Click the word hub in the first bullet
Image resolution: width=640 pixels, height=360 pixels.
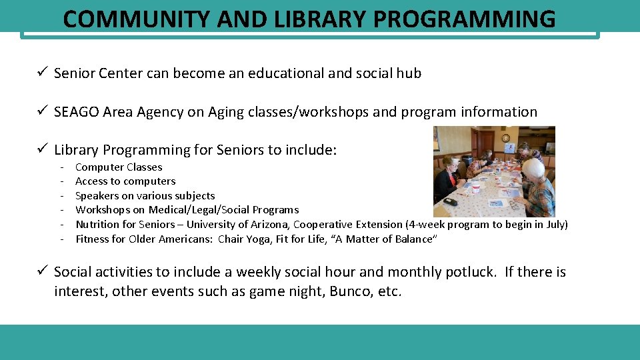(x=408, y=73)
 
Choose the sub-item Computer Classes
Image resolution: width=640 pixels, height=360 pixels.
(x=119, y=167)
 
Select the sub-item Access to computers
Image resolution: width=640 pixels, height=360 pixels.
(x=125, y=181)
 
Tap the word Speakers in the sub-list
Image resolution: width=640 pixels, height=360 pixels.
(x=97, y=196)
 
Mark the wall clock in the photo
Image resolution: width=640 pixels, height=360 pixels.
(x=506, y=138)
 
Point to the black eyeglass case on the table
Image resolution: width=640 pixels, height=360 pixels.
(x=451, y=201)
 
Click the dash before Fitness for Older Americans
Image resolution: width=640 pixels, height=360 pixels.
(x=62, y=239)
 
